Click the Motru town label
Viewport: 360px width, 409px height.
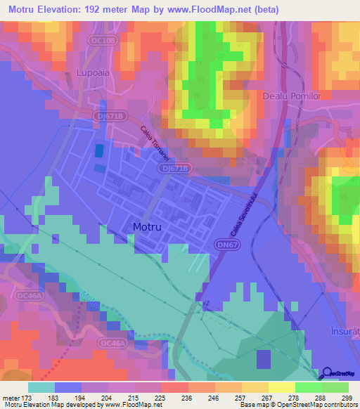click(149, 227)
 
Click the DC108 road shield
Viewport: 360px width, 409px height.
click(103, 41)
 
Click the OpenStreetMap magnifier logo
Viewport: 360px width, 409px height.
click(328, 374)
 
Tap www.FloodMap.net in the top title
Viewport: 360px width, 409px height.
click(205, 10)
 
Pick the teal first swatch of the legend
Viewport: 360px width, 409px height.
click(41, 387)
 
